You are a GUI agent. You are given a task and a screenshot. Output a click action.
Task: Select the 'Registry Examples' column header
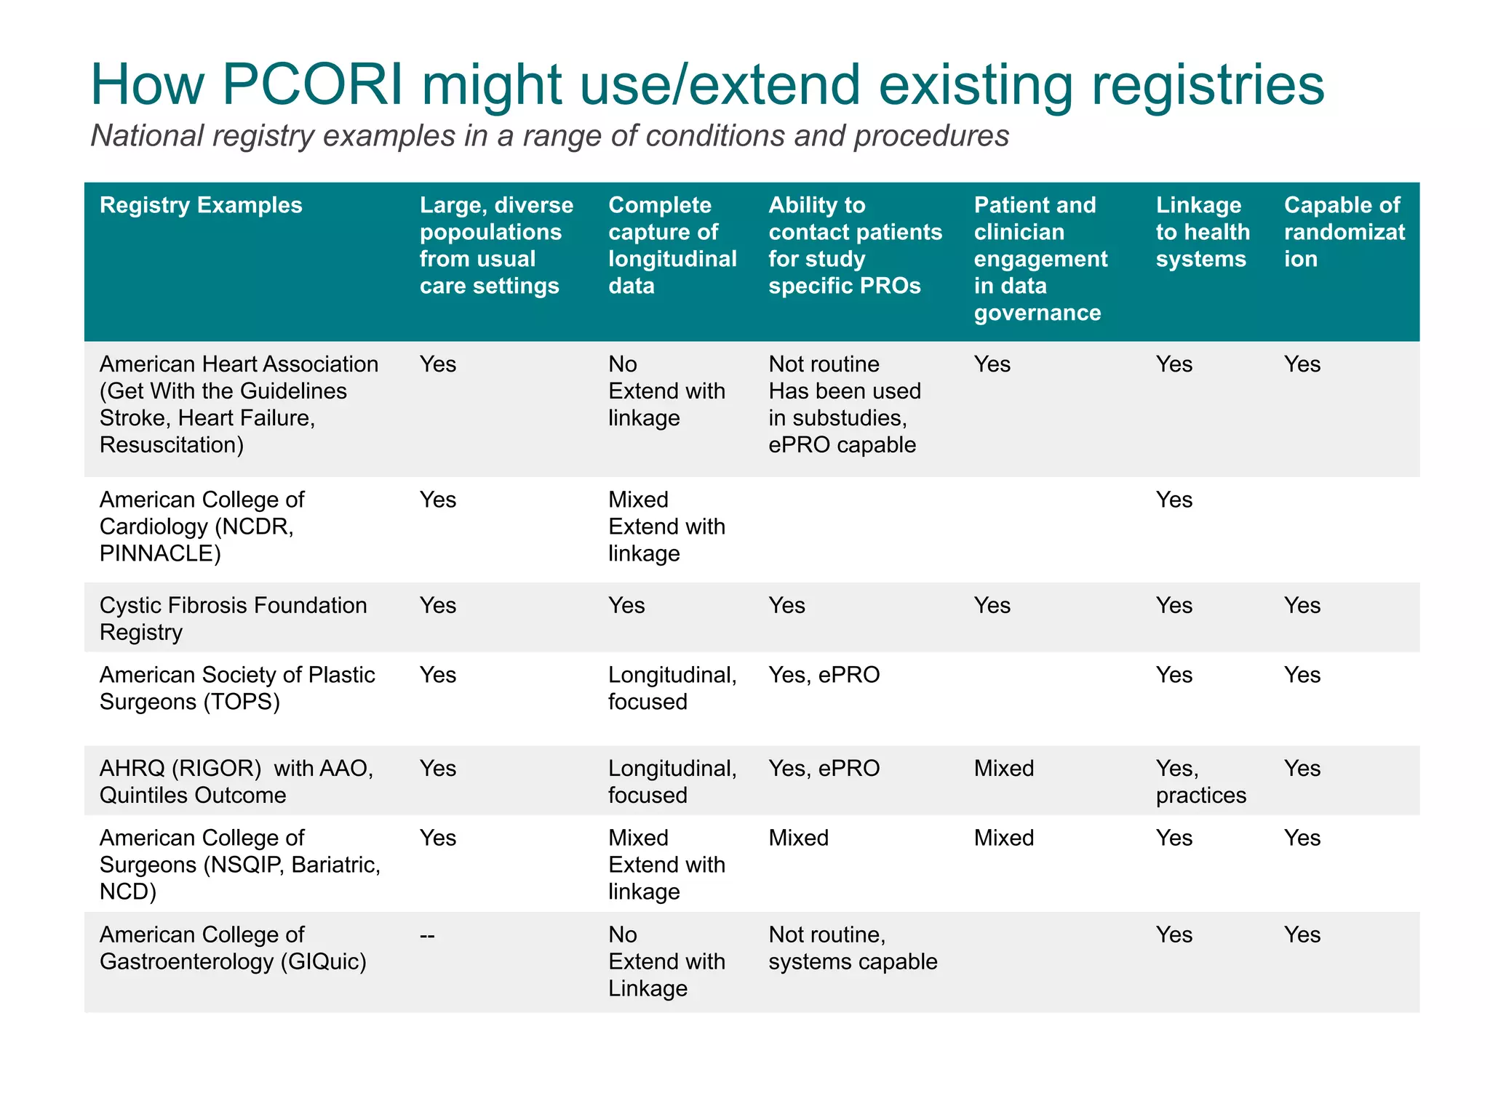coord(201,205)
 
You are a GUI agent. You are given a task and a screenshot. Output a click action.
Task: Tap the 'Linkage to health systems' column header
coord(1202,232)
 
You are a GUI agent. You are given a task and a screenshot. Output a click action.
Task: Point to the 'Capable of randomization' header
coord(1343,232)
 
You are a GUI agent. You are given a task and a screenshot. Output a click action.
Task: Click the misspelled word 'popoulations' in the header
coord(490,232)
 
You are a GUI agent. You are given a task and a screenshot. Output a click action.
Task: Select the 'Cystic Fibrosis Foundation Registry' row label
coord(233,618)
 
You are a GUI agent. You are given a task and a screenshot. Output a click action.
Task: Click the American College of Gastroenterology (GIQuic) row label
coord(233,948)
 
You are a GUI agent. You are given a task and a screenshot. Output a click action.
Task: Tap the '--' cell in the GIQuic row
coord(427,934)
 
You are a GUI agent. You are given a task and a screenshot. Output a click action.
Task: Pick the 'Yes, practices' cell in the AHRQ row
coord(1200,781)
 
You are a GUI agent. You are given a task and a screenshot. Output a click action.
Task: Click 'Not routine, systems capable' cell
coord(852,948)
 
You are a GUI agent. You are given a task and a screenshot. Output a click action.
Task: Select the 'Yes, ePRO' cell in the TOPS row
coord(824,675)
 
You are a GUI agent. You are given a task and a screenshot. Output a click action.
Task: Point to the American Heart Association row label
coord(239,404)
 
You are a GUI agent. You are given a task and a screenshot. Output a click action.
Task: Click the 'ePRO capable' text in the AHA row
coord(842,444)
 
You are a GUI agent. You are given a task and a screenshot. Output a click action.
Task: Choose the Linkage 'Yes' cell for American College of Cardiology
coord(1174,500)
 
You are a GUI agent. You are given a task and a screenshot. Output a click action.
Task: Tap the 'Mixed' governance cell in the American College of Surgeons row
coord(1003,838)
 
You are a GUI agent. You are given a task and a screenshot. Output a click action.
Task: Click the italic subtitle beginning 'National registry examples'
coord(549,136)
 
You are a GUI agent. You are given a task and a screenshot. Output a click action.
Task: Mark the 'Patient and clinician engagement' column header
coord(1040,258)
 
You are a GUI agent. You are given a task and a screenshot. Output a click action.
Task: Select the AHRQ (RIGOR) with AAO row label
coord(236,781)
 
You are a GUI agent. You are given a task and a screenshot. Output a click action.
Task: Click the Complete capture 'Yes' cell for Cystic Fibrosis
coord(626,605)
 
